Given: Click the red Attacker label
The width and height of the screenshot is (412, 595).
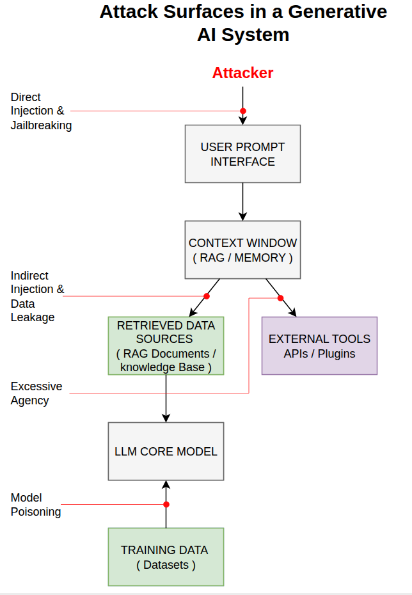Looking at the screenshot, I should point(242,73).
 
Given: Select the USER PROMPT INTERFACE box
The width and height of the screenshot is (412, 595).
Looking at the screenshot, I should point(242,154).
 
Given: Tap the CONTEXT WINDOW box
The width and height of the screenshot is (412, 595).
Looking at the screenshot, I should point(242,250).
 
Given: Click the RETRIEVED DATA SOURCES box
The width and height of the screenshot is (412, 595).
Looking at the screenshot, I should point(166,345).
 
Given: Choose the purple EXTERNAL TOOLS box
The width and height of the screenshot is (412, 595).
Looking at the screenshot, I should point(319,345).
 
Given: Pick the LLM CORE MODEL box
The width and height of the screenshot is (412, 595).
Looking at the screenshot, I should point(166,451).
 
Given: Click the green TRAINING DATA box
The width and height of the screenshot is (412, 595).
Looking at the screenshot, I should point(166,557).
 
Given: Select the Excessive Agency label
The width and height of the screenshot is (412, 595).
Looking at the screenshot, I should point(36,393).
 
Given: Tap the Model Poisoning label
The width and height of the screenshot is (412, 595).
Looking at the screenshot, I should point(36,505).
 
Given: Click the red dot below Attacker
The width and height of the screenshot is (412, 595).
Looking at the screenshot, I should point(242,111).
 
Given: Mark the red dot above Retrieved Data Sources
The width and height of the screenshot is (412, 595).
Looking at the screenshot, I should point(206,296).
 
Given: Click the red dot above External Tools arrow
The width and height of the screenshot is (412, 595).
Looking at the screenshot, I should point(280,297).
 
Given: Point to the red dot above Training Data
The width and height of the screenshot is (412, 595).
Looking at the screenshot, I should point(166,505).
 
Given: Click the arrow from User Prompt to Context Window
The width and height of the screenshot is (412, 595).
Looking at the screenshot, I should point(242,202).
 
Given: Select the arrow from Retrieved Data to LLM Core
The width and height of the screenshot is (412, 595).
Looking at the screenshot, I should point(166,398).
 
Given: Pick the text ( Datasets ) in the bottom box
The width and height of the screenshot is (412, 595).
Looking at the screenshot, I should point(166,565).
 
